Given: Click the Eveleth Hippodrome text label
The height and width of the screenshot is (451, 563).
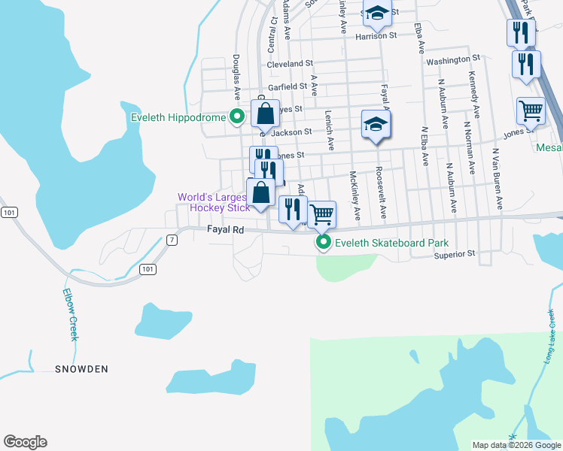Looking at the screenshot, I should click(x=178, y=118).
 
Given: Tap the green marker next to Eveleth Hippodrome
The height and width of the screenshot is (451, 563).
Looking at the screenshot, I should click(x=236, y=117).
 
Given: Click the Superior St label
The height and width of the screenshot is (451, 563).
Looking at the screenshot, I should click(x=454, y=254).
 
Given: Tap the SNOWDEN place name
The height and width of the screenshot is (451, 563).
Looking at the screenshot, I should click(x=81, y=369).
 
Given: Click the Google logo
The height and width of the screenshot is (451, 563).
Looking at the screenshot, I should click(x=25, y=442).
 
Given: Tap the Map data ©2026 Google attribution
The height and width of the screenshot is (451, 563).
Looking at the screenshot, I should click(x=516, y=445).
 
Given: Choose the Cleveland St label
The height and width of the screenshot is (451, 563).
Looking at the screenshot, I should click(x=289, y=65).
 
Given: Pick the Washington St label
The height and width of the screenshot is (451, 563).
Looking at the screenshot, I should click(x=453, y=59).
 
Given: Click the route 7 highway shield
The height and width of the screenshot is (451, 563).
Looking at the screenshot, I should click(x=172, y=240).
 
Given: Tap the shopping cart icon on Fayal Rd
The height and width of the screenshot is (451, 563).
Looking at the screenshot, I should click(x=322, y=214).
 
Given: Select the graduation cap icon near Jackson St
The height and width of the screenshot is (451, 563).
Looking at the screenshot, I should click(x=376, y=124).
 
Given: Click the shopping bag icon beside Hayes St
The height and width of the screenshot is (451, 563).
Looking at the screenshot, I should click(x=265, y=115).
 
